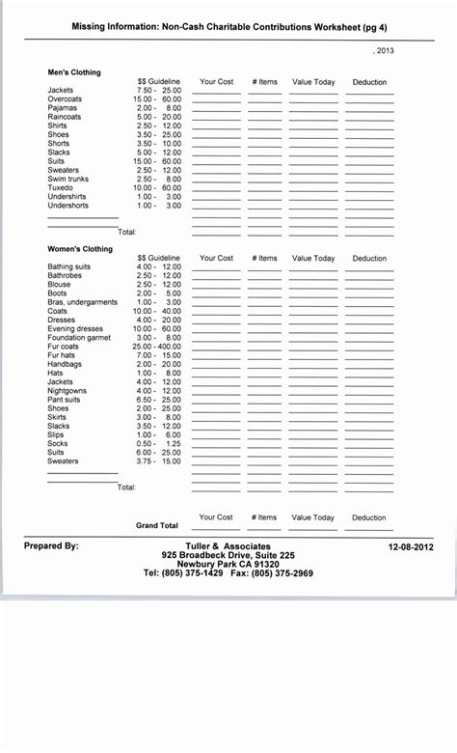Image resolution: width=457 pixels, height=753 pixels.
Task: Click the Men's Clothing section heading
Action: (x=74, y=72)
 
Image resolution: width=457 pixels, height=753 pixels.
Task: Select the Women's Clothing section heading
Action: (x=80, y=249)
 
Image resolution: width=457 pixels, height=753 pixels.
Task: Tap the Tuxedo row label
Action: (x=61, y=187)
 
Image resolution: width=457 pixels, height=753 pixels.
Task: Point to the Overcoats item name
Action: (x=66, y=99)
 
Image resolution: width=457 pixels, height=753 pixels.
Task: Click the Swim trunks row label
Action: (x=68, y=179)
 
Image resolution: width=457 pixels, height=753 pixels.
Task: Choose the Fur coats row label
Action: (x=65, y=347)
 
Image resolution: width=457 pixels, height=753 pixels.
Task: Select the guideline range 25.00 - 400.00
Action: (x=157, y=347)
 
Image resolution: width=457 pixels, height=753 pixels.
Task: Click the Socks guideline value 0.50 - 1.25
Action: (x=159, y=443)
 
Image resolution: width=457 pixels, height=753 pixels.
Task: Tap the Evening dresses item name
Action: (x=76, y=328)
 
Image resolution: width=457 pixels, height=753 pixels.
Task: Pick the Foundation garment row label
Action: (x=78, y=338)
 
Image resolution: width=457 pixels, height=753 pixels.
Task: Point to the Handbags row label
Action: (x=65, y=364)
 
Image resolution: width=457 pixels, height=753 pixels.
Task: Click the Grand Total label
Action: (x=157, y=526)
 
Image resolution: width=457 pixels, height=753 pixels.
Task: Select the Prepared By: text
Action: (x=51, y=546)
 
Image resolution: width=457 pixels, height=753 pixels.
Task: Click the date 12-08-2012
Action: (x=411, y=546)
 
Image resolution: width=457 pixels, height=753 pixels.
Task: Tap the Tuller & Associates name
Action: (x=228, y=546)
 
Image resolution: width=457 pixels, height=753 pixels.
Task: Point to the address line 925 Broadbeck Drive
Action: (x=228, y=555)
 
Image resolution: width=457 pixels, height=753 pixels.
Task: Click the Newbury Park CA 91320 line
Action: (x=228, y=564)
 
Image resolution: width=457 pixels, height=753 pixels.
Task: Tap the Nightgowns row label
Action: (x=67, y=391)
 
